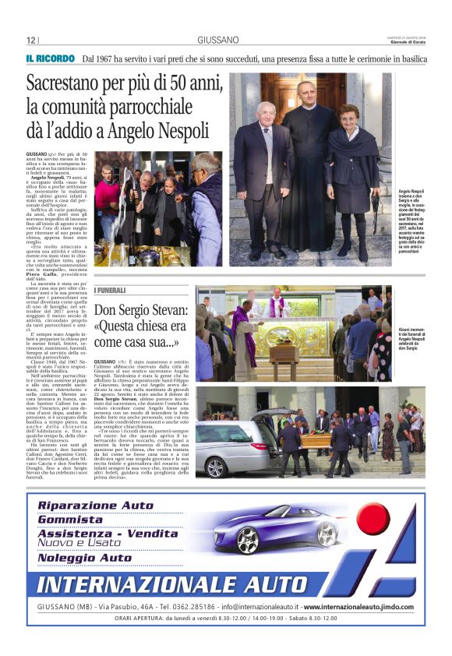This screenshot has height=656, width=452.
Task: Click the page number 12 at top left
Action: coord(30,40)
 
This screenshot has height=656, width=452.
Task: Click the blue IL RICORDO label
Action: coord(50,58)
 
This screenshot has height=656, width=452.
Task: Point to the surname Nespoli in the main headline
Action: coord(180,129)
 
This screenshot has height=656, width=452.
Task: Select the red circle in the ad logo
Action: coord(373,519)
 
